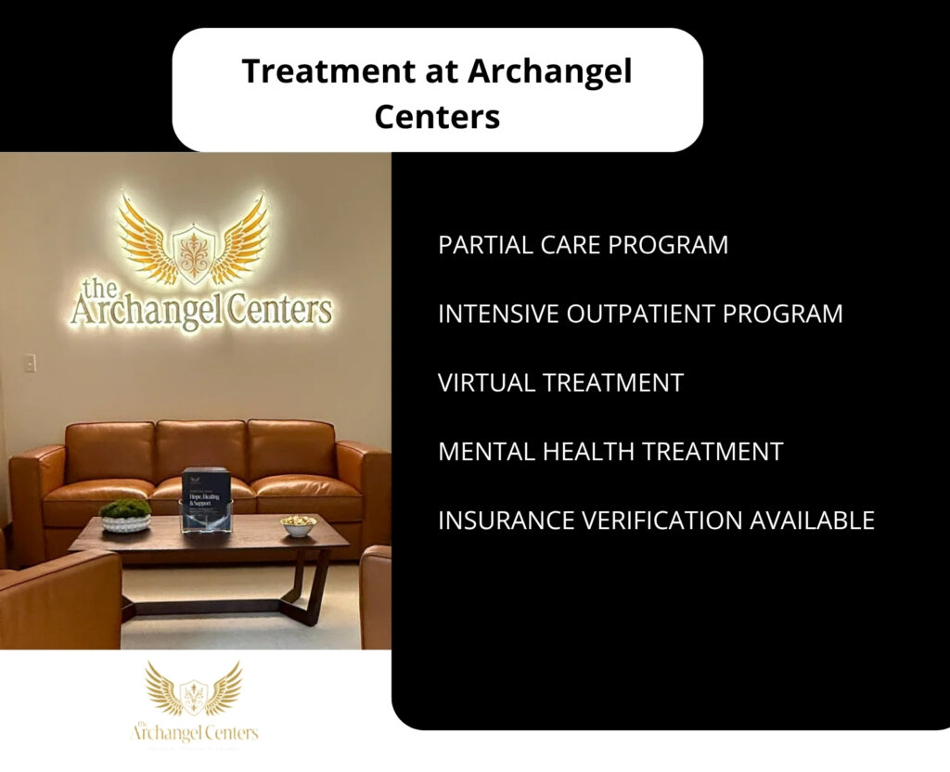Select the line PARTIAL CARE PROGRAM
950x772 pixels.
583,245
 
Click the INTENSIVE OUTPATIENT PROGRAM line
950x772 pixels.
640,314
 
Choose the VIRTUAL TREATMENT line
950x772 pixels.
560,382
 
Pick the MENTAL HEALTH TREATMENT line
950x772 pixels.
610,452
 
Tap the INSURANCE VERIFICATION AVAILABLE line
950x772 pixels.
656,521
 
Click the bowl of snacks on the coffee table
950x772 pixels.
299,525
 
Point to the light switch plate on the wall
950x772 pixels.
30,363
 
